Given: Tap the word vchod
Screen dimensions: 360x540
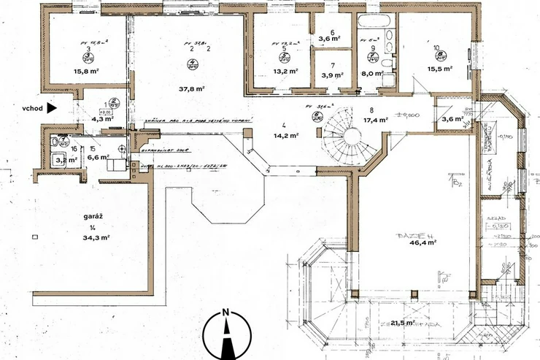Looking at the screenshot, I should pos(32,107).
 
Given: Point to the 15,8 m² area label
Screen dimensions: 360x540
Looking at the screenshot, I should pos(86,71).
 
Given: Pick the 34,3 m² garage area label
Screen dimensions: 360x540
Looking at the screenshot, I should pos(96,237).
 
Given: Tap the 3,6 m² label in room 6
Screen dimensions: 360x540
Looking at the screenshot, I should pos(331,40).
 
